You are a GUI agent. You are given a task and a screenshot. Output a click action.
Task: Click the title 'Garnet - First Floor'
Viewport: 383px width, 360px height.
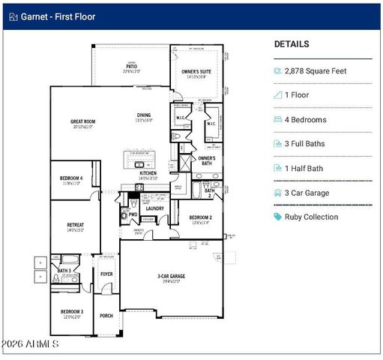tap(57, 15)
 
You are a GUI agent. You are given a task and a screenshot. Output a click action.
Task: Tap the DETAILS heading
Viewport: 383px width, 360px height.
tap(292, 44)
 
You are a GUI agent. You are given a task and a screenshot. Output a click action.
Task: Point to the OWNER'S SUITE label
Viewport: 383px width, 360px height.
tap(196, 72)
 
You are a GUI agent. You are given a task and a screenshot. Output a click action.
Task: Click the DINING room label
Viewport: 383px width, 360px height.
tap(143, 115)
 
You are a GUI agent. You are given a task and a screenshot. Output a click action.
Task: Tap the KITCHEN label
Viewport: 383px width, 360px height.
tap(148, 173)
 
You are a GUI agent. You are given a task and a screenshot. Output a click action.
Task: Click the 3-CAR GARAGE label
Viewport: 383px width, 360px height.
tap(171, 277)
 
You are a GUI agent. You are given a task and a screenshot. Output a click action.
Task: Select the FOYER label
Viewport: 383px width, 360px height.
tap(106, 274)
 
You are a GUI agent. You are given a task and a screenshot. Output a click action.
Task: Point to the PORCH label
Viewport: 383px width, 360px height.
tap(106, 316)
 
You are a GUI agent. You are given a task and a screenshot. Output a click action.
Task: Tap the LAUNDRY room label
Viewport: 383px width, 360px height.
tap(155, 208)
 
